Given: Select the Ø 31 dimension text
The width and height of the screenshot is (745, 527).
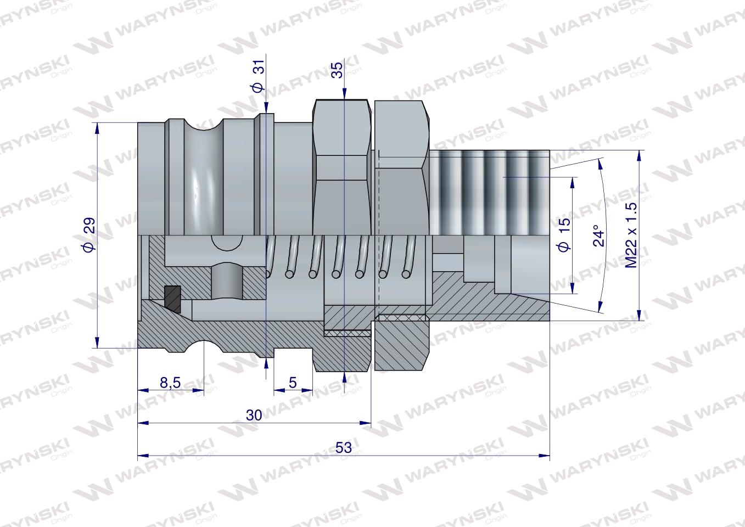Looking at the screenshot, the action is pyautogui.click(x=258, y=76).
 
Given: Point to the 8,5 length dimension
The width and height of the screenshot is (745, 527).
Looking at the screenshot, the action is pyautogui.click(x=170, y=383).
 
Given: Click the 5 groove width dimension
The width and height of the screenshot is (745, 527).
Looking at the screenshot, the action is pyautogui.click(x=293, y=383).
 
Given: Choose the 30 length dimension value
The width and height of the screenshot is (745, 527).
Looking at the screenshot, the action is pyautogui.click(x=254, y=415).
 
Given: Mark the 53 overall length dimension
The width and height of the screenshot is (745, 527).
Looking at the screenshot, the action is pyautogui.click(x=344, y=447).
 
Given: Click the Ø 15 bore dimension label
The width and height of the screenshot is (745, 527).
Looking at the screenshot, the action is pyautogui.click(x=564, y=234).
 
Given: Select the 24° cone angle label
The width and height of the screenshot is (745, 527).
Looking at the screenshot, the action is pyautogui.click(x=599, y=236).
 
